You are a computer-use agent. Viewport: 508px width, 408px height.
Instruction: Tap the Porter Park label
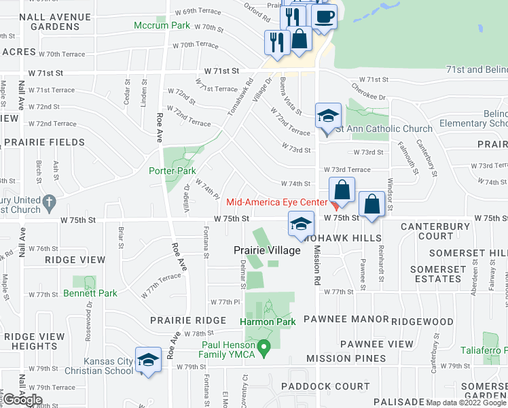pyautogui.click(x=173, y=171)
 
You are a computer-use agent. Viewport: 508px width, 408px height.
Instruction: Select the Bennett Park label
pyautogui.click(x=90, y=294)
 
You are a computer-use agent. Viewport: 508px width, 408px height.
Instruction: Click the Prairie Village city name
pyautogui.click(x=267, y=251)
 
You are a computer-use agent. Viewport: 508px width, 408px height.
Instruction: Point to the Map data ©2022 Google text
pyautogui.click(x=466, y=403)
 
